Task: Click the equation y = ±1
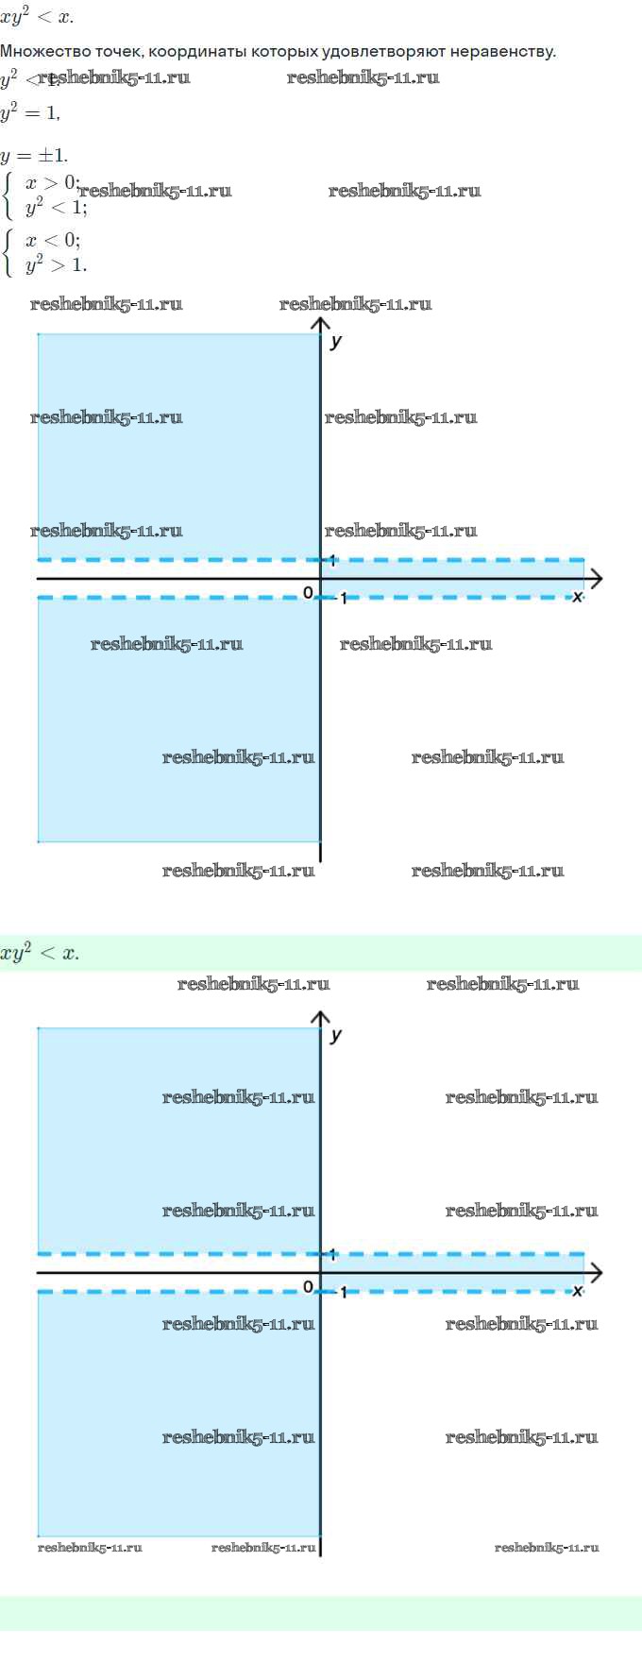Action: click(x=34, y=156)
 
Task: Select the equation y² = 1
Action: click(x=30, y=112)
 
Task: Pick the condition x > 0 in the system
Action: click(x=52, y=182)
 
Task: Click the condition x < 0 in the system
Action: click(x=52, y=240)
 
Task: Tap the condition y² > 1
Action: click(x=56, y=264)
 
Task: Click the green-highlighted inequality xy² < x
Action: click(x=40, y=953)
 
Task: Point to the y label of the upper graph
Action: click(x=336, y=341)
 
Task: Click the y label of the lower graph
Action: click(x=336, y=1035)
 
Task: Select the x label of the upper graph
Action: click(x=577, y=596)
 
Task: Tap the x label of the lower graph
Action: click(x=577, y=1290)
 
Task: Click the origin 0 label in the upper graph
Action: click(x=308, y=593)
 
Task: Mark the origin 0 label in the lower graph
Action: click(x=308, y=1287)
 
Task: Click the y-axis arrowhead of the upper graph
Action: click(x=320, y=325)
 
